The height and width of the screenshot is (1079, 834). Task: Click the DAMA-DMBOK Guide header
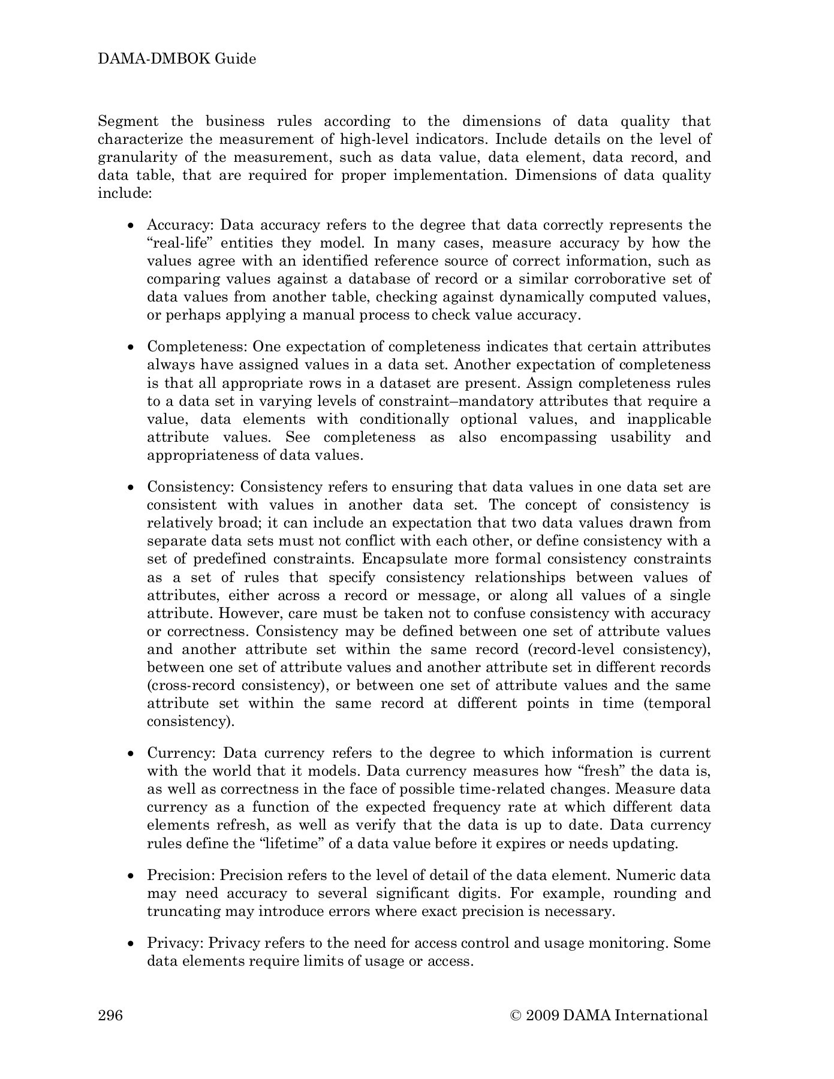pyautogui.click(x=177, y=59)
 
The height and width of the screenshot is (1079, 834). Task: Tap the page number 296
pyautogui.click(x=110, y=1015)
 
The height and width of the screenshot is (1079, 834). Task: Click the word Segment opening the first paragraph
pyautogui.click(x=128, y=121)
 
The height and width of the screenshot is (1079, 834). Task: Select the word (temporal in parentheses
pyautogui.click(x=677, y=703)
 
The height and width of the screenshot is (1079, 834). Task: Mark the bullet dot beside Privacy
pyautogui.click(x=131, y=944)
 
